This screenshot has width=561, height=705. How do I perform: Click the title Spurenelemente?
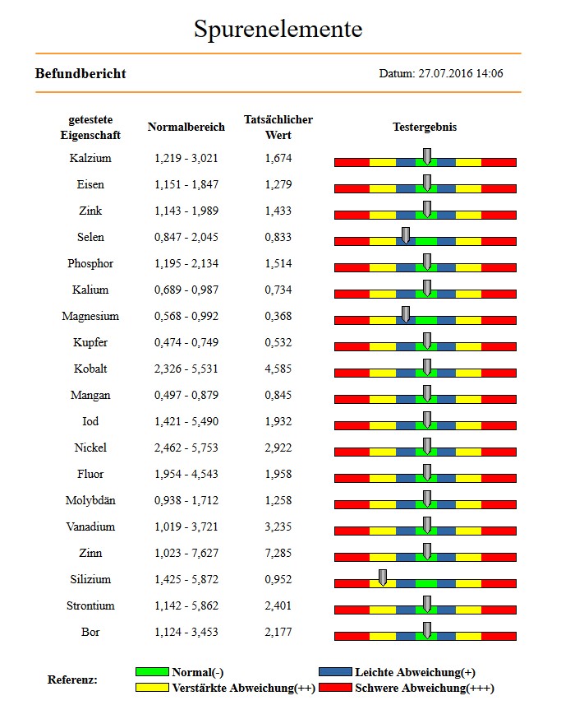point(278,30)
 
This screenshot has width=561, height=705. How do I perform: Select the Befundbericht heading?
point(80,73)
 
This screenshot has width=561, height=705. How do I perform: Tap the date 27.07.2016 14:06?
point(461,73)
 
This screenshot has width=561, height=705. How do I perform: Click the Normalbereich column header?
point(186,127)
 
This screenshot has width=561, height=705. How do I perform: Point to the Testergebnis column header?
point(425,127)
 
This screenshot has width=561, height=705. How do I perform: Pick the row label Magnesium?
point(90,316)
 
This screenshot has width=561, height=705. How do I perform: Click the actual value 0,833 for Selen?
point(278,237)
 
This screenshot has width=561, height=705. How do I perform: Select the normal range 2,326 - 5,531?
point(186,369)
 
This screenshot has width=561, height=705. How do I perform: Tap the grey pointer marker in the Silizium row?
point(383,577)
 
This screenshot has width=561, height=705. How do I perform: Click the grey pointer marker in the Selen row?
point(405,235)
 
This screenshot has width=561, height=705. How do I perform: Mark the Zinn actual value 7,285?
point(278,553)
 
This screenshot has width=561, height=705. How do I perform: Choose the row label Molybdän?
point(90,500)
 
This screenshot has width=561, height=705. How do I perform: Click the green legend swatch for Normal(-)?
point(152,672)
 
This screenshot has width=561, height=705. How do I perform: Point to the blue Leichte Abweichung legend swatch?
point(335,672)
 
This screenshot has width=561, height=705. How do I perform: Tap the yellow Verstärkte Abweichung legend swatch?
point(152,688)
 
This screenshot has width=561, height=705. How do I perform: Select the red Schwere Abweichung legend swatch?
point(335,688)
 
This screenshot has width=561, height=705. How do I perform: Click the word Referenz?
point(72,679)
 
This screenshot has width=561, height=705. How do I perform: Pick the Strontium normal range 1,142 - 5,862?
point(186,605)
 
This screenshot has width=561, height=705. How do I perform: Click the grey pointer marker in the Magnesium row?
point(405,314)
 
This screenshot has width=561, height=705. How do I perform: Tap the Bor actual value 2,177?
point(278,632)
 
